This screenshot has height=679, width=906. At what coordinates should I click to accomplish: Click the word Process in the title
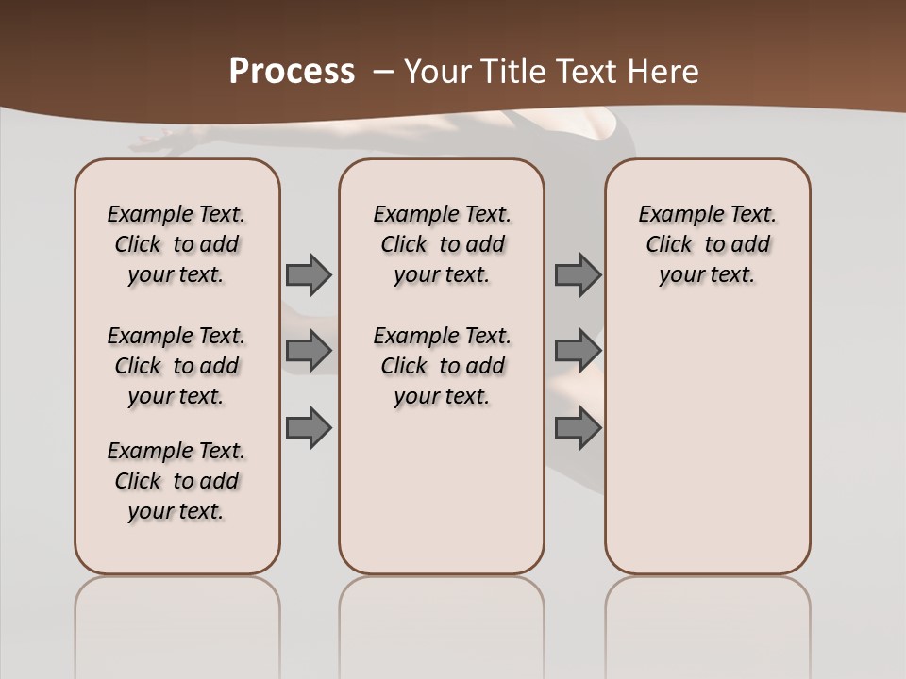click(292, 72)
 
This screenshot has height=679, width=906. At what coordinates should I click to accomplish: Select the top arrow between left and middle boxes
click(309, 274)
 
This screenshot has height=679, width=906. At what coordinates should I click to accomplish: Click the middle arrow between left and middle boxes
click(309, 351)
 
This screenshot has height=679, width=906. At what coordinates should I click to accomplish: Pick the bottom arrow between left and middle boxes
click(309, 427)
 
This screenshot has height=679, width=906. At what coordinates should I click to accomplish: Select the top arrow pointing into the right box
click(578, 274)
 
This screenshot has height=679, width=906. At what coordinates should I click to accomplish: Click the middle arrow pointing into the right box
click(578, 351)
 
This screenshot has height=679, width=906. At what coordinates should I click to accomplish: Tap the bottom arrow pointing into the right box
click(578, 427)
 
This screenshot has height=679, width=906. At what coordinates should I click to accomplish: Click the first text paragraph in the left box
click(176, 244)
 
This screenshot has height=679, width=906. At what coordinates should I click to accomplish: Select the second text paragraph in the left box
click(176, 366)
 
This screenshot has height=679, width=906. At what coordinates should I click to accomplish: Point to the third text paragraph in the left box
click(176, 481)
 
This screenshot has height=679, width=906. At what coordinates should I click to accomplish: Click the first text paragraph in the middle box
click(443, 244)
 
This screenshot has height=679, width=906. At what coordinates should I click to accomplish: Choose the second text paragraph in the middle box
click(443, 366)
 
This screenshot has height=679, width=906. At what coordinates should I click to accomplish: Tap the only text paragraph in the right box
click(708, 244)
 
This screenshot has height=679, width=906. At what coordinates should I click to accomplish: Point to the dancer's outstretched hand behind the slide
click(156, 144)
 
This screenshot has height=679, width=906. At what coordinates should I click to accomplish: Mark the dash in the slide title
click(383, 72)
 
